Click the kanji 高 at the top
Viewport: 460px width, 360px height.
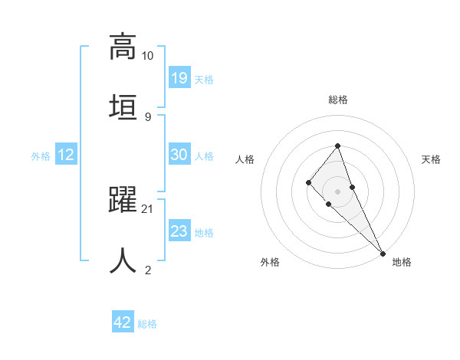pyautogui.click(x=123, y=47)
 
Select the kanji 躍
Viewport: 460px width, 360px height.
pyautogui.click(x=123, y=201)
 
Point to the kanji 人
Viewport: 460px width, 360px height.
pyautogui.click(x=123, y=260)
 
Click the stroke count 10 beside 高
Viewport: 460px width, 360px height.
pyautogui.click(x=147, y=56)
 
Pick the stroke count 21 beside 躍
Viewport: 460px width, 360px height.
pyautogui.click(x=148, y=209)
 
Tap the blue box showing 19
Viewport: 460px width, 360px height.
pyautogui.click(x=179, y=77)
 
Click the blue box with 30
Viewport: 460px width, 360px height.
pyautogui.click(x=179, y=155)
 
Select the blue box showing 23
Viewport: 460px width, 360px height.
pyautogui.click(x=179, y=231)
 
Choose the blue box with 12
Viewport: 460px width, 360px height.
pyautogui.click(x=66, y=155)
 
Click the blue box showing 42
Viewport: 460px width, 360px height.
pyautogui.click(x=123, y=322)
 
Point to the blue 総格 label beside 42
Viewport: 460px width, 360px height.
pyautogui.click(x=147, y=324)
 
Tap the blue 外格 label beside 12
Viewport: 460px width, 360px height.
pyautogui.click(x=41, y=156)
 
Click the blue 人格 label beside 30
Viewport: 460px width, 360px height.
pyautogui.click(x=204, y=156)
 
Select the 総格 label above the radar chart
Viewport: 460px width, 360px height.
pyautogui.click(x=338, y=100)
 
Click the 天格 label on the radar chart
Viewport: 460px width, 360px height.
pyautogui.click(x=431, y=159)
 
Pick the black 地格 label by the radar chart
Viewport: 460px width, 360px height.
pyautogui.click(x=402, y=262)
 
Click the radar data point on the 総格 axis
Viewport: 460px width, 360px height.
pyautogui.click(x=337, y=146)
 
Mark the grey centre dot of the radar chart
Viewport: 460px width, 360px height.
pyautogui.click(x=337, y=191)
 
